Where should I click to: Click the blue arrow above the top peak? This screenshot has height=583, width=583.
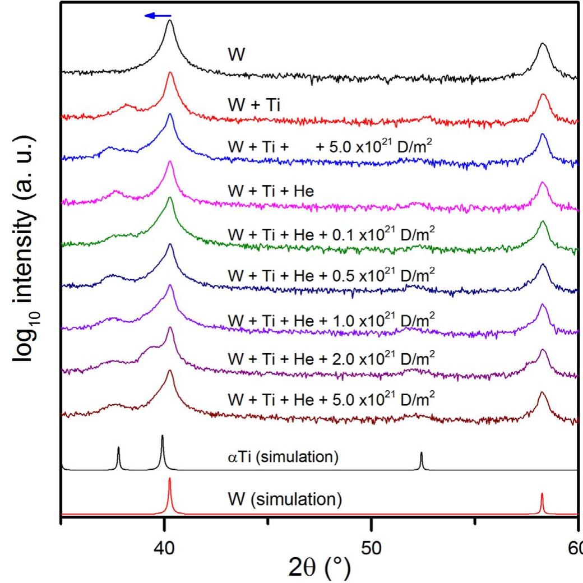158,16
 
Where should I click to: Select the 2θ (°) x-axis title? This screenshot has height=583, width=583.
320,568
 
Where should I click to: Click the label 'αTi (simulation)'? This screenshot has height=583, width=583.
283,456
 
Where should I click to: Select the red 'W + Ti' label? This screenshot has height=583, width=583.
254,104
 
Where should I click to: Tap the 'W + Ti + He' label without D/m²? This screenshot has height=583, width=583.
271,191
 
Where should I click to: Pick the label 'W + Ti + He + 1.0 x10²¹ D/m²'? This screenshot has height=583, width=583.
331,319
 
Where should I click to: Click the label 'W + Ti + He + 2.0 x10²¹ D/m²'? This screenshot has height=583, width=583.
331,358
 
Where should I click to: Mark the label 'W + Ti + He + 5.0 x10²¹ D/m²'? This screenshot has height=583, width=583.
331,399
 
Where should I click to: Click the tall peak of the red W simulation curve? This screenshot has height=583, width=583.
170,479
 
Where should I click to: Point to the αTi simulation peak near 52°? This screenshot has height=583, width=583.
421,454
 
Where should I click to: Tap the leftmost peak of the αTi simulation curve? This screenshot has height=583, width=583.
119,448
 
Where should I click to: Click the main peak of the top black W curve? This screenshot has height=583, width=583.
170,21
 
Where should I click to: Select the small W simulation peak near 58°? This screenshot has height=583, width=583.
542,494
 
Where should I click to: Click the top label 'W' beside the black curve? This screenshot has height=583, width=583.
237,54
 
